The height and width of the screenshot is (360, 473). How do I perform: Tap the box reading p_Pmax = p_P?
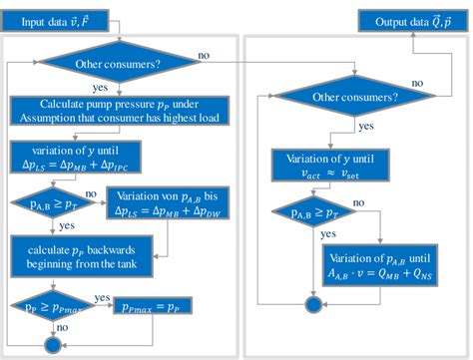[x=155, y=305]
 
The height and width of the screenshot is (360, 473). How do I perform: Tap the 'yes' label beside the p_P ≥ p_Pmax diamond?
[x=102, y=297]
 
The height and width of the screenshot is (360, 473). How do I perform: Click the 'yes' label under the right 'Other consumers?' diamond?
[x=366, y=128]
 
